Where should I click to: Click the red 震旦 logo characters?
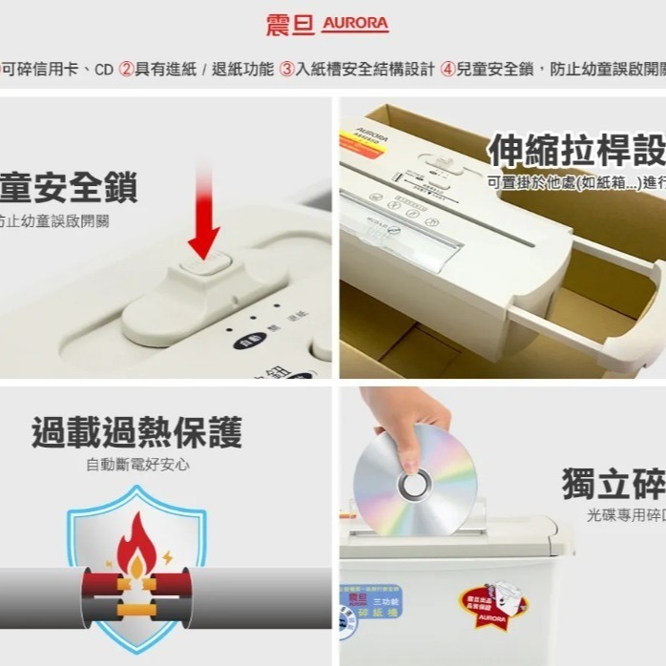point(290,24)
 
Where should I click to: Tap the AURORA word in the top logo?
point(356,24)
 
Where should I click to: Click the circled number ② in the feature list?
point(126,70)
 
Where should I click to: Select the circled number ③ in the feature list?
point(286,70)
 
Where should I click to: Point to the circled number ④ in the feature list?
point(447,70)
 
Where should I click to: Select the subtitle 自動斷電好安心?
point(136,465)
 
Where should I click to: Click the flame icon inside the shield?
point(137,549)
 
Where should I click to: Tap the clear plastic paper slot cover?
point(401,229)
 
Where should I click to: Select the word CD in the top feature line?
point(103,70)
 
